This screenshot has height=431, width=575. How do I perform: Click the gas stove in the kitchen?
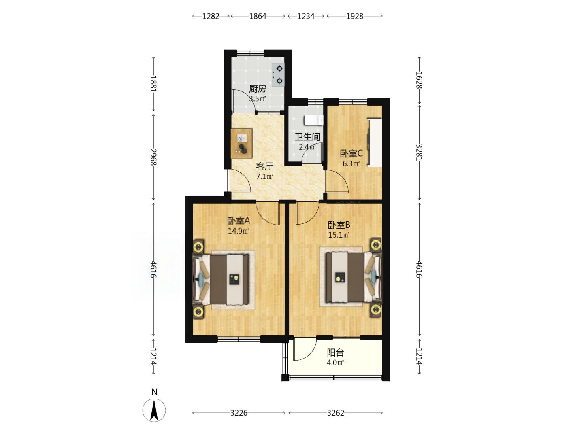click(278, 74)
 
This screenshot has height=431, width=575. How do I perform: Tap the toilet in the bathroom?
click(313, 120)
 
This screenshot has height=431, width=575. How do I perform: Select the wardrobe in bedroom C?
click(374, 142)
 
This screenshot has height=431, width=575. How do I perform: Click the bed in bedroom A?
click(221, 279)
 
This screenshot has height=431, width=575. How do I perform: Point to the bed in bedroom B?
click(354, 277)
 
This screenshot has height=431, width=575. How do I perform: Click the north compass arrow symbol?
click(154, 410)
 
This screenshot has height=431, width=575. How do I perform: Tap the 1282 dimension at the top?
click(211, 16)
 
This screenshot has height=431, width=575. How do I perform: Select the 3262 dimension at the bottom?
click(336, 413)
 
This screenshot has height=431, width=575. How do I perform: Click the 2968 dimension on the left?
click(153, 157)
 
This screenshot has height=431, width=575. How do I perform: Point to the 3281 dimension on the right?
click(419, 152)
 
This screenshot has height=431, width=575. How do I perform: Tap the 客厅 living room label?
click(264, 166)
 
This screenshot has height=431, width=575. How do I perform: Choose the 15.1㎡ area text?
click(339, 235)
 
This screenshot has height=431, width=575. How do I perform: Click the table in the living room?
click(241, 143)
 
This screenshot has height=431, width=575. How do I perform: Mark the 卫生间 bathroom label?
click(307, 137)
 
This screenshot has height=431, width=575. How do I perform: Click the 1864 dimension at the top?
click(258, 16)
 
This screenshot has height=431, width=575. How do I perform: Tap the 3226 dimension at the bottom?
click(239, 413)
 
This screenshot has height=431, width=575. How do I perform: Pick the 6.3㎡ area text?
click(351, 163)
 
